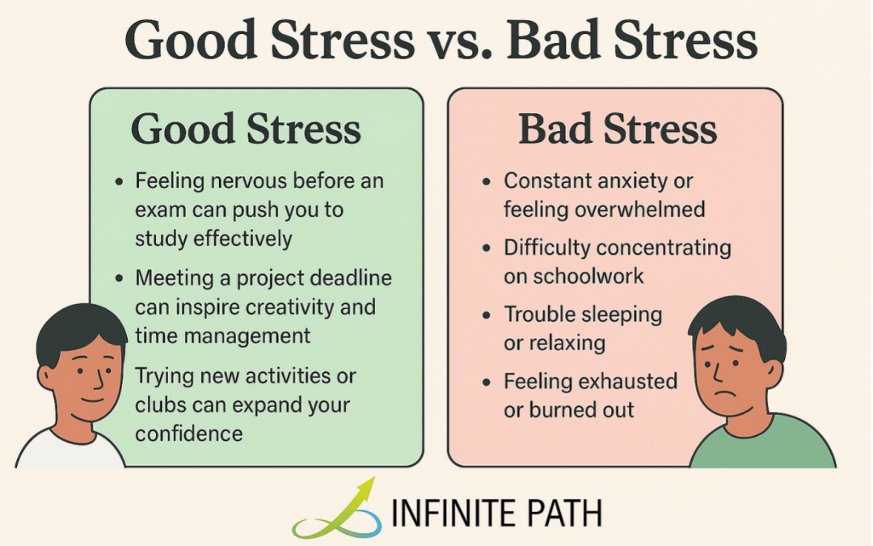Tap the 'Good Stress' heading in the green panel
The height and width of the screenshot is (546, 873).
[x=246, y=129]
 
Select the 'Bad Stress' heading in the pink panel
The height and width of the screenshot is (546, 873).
[x=618, y=129]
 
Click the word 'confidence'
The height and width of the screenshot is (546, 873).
[x=189, y=434]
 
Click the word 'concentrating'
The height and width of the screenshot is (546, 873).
[x=662, y=248]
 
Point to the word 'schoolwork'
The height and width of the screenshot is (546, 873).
[x=587, y=276]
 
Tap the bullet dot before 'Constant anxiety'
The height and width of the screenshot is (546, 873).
[x=488, y=182]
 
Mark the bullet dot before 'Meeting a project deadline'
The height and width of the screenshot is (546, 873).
[x=120, y=279]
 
